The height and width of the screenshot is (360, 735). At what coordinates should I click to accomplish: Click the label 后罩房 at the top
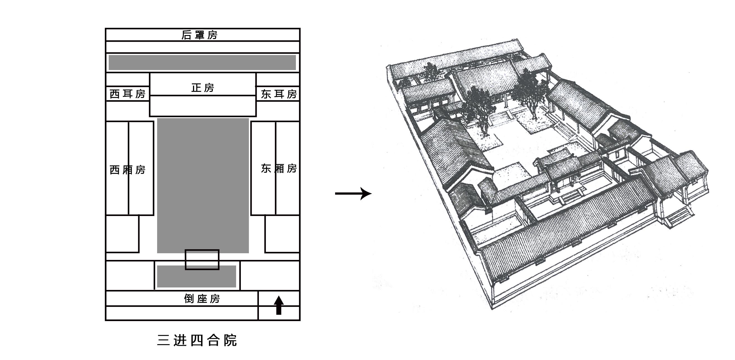pyautogui.click(x=199, y=35)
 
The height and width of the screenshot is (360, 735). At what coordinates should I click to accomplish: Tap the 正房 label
pyautogui.click(x=202, y=88)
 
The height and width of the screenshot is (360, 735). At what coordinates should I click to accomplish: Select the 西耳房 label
pyautogui.click(x=128, y=94)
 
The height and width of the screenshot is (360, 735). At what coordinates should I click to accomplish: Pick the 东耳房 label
pyautogui.click(x=279, y=94)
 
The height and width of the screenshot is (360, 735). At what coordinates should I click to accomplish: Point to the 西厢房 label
pyautogui.click(x=128, y=170)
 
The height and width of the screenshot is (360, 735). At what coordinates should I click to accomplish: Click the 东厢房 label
pyautogui.click(x=279, y=168)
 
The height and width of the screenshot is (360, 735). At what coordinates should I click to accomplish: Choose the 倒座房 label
pyautogui.click(x=202, y=299)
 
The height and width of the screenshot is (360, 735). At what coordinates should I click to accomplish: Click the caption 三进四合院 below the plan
pyautogui.click(x=197, y=340)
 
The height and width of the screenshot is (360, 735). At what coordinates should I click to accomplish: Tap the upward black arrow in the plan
pyautogui.click(x=279, y=305)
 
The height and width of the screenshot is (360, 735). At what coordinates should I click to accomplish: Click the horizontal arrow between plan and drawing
pyautogui.click(x=353, y=193)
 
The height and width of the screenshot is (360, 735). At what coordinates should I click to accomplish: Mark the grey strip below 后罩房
pyautogui.click(x=202, y=63)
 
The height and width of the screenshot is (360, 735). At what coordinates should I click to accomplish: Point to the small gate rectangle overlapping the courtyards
pyautogui.click(x=202, y=259)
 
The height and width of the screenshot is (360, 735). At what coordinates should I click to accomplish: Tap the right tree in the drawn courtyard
pyautogui.click(x=530, y=91)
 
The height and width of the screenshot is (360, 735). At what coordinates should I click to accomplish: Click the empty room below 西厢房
pyautogui.click(x=122, y=234)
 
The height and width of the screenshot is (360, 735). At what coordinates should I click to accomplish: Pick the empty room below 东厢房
pyautogui.click(x=282, y=234)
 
